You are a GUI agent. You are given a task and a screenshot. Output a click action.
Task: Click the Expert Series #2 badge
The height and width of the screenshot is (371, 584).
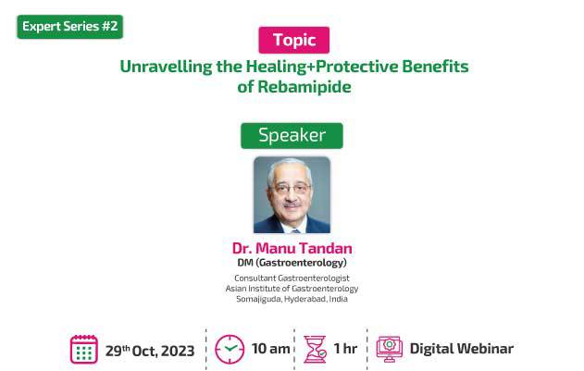(70, 27)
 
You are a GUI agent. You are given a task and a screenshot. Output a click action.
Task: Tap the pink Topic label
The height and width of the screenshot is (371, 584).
(294, 40)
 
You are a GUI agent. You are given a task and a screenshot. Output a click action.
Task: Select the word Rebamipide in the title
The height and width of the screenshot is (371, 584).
(304, 87)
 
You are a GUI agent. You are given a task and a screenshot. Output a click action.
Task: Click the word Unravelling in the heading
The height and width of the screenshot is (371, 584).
(166, 67)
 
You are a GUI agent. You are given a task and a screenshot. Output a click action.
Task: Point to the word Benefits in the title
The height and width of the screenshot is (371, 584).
(435, 67)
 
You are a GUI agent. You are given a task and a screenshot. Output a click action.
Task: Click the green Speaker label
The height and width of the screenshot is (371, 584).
(292, 136)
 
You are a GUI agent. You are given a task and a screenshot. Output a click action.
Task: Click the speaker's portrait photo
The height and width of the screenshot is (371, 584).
(292, 195)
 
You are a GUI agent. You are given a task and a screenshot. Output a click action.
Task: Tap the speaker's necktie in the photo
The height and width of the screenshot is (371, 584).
(296, 230)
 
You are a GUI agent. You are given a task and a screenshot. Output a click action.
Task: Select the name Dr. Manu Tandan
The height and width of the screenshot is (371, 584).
(292, 249)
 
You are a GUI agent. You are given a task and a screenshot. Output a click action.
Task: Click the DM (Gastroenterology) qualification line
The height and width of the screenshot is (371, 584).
(292, 263)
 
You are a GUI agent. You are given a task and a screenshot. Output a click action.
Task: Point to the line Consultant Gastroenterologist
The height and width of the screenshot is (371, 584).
(292, 278)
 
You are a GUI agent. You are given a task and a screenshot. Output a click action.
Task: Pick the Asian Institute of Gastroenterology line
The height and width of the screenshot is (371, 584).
(292, 289)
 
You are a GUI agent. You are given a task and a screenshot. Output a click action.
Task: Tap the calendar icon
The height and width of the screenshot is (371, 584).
(84, 349)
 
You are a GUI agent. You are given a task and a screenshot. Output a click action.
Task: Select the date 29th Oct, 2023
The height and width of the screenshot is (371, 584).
(150, 351)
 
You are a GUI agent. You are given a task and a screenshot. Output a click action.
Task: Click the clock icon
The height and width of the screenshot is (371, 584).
(230, 350)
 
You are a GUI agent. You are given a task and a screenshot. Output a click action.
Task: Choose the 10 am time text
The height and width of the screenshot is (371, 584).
(271, 349)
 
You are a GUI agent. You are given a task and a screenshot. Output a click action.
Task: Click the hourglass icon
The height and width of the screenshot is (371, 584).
(315, 349)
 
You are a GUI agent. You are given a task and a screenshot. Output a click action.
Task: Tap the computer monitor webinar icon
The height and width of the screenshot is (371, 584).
(390, 349)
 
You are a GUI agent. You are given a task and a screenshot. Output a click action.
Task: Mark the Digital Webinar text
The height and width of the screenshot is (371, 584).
(462, 349)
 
